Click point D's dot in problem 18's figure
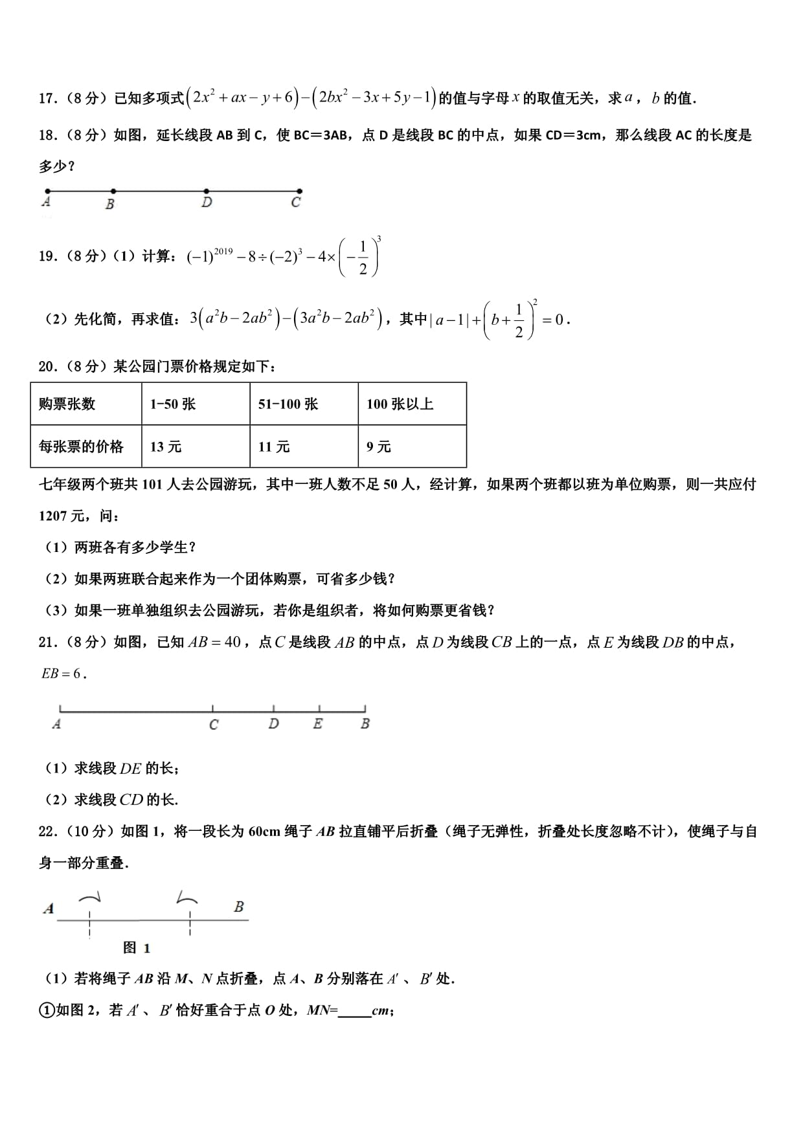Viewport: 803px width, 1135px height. point(206,191)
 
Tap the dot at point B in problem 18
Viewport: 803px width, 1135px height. point(113,191)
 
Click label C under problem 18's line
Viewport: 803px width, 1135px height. point(296,203)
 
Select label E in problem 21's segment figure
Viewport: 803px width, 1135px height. point(317,724)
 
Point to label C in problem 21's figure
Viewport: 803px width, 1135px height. point(214,725)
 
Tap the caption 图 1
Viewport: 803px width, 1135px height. point(137,948)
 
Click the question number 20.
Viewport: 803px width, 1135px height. point(47,367)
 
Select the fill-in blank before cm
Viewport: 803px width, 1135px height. point(354,1010)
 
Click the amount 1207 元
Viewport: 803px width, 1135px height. point(62,516)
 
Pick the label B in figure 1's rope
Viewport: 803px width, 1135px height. point(239,907)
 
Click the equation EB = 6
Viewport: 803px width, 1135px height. point(62,674)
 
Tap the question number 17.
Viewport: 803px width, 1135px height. point(47,98)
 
